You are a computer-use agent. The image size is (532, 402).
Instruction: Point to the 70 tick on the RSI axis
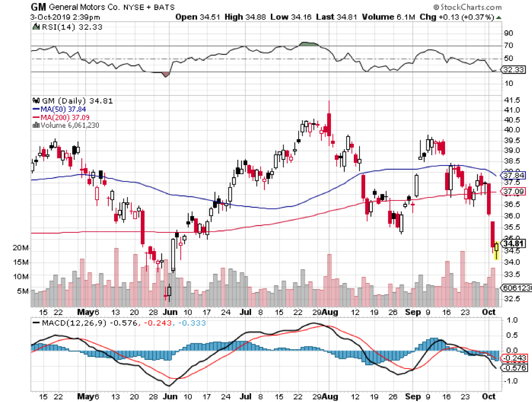508,46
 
